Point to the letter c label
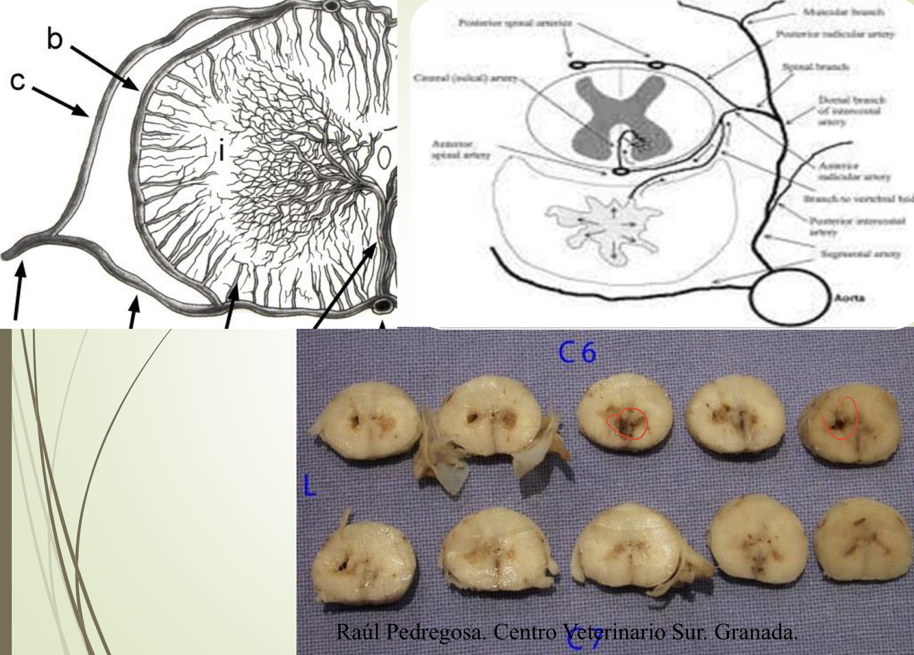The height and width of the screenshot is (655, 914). tap(18, 81)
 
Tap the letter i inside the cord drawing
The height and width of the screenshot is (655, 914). tap(221, 149)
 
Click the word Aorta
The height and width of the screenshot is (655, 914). tap(849, 298)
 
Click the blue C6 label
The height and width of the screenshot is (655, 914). tap(577, 352)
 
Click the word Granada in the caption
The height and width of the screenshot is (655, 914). tap(756, 631)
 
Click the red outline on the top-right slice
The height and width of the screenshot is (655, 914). tap(841, 418)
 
